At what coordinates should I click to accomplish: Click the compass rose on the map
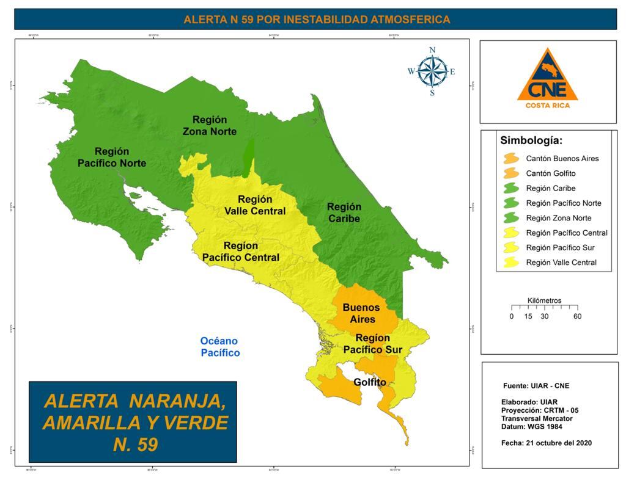[x=432, y=71]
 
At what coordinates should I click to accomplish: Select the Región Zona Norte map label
[x=210, y=125]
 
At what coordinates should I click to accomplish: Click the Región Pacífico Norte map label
[x=112, y=157]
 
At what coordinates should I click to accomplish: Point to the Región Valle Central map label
[x=255, y=205]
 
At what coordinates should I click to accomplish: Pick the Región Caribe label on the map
[x=344, y=212]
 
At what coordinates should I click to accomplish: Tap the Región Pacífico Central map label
[x=241, y=252]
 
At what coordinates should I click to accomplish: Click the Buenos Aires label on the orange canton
[x=361, y=313]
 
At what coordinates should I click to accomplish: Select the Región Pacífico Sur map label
[x=372, y=344]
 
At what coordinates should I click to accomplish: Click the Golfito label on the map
[x=370, y=382]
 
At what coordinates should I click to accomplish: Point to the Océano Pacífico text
[x=219, y=347]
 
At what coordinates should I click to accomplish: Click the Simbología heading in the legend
[x=531, y=140]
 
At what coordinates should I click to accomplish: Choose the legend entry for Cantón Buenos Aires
[x=562, y=159]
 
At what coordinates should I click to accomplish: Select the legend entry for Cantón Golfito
[x=550, y=173]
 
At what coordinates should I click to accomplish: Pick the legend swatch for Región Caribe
[x=511, y=189]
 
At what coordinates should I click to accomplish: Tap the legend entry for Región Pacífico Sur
[x=560, y=248]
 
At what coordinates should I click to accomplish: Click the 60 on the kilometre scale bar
[x=577, y=316]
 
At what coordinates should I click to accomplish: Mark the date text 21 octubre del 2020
[x=547, y=443]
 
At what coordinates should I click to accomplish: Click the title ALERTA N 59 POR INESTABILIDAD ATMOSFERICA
[x=317, y=20]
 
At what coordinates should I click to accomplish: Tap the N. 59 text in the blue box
[x=135, y=445]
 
